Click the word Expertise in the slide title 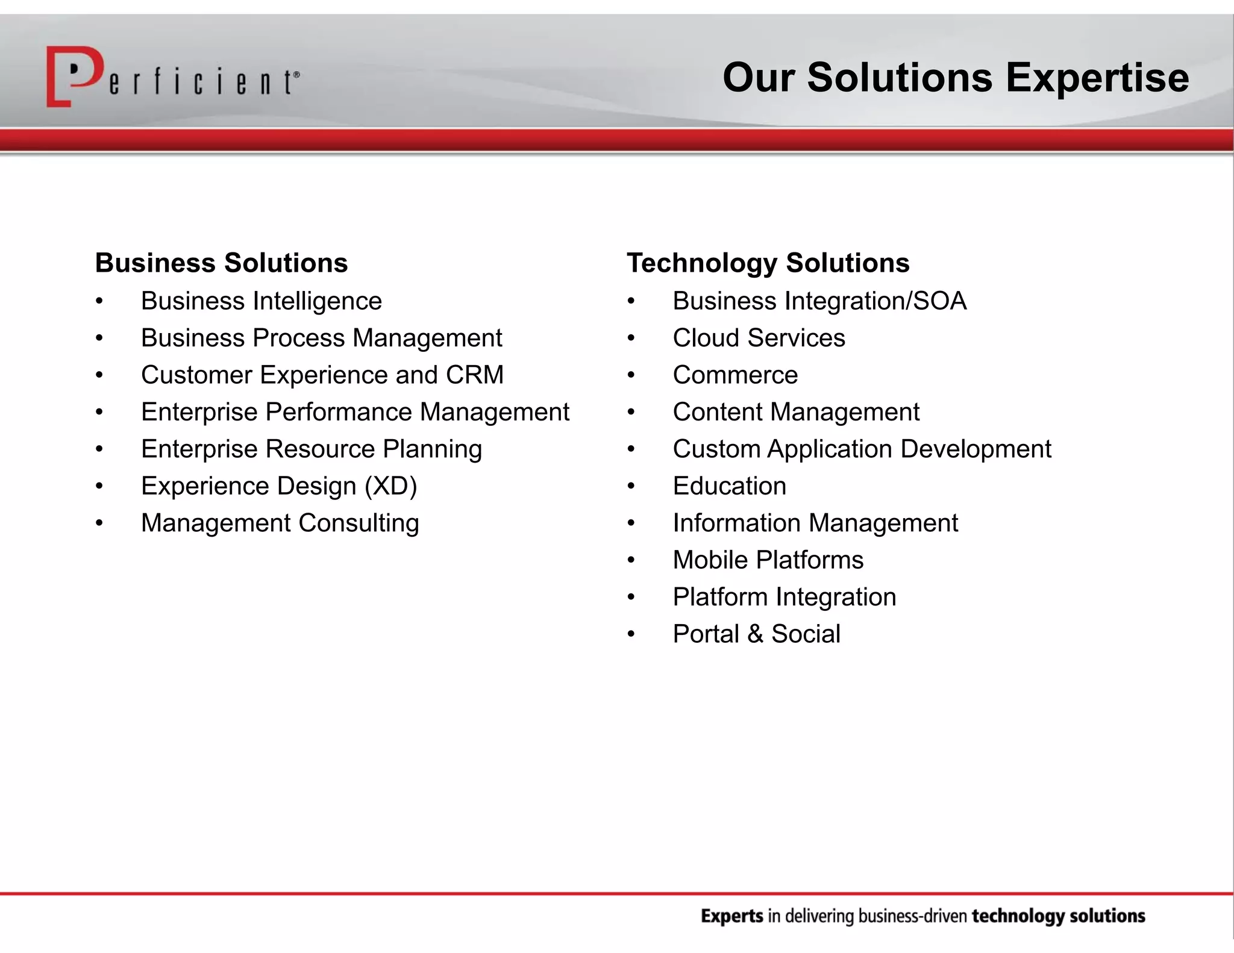click(1097, 78)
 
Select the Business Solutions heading click(221, 263)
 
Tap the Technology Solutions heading click(768, 263)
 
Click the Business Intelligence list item click(261, 301)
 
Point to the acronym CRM click(474, 375)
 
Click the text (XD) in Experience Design click(390, 486)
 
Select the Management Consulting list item click(280, 523)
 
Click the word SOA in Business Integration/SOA click(939, 301)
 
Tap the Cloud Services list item click(759, 338)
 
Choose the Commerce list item click(735, 375)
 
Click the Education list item click(729, 486)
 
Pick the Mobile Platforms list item click(768, 560)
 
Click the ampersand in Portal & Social click(754, 634)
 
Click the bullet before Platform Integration click(631, 598)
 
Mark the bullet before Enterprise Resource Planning click(99, 449)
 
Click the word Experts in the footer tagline click(732, 916)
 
